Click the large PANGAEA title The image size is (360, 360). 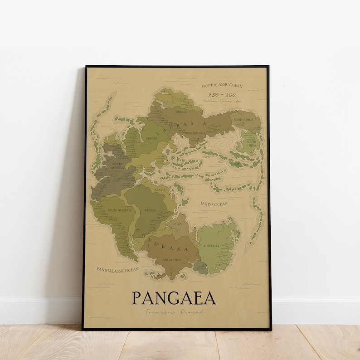tap(174, 298)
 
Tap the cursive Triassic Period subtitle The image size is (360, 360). tap(174, 312)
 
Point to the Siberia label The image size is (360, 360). tap(181, 111)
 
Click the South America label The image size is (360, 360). tap(119, 210)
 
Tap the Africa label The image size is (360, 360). tap(151, 210)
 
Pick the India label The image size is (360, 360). tap(178, 224)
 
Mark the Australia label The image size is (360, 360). tap(211, 246)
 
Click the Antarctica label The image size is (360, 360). tap(172, 260)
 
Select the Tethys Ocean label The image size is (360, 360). tap(214, 204)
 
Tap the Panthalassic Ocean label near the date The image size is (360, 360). tap(222, 85)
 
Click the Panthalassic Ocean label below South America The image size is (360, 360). tap(117, 270)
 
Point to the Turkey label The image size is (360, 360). tap(206, 157)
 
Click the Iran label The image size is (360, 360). tap(221, 161)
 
